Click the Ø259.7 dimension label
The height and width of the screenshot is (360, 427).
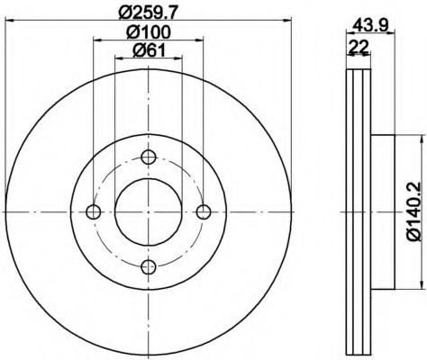149,13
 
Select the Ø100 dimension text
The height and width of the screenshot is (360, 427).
149,32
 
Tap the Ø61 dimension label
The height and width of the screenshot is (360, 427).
149,50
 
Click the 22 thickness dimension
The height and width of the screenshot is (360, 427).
359,47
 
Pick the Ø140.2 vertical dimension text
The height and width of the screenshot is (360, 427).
415,211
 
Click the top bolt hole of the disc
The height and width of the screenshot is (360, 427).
149,157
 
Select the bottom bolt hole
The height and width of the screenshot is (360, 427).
149,267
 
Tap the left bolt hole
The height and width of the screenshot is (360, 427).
93,212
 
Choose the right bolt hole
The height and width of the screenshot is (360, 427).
204,212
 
